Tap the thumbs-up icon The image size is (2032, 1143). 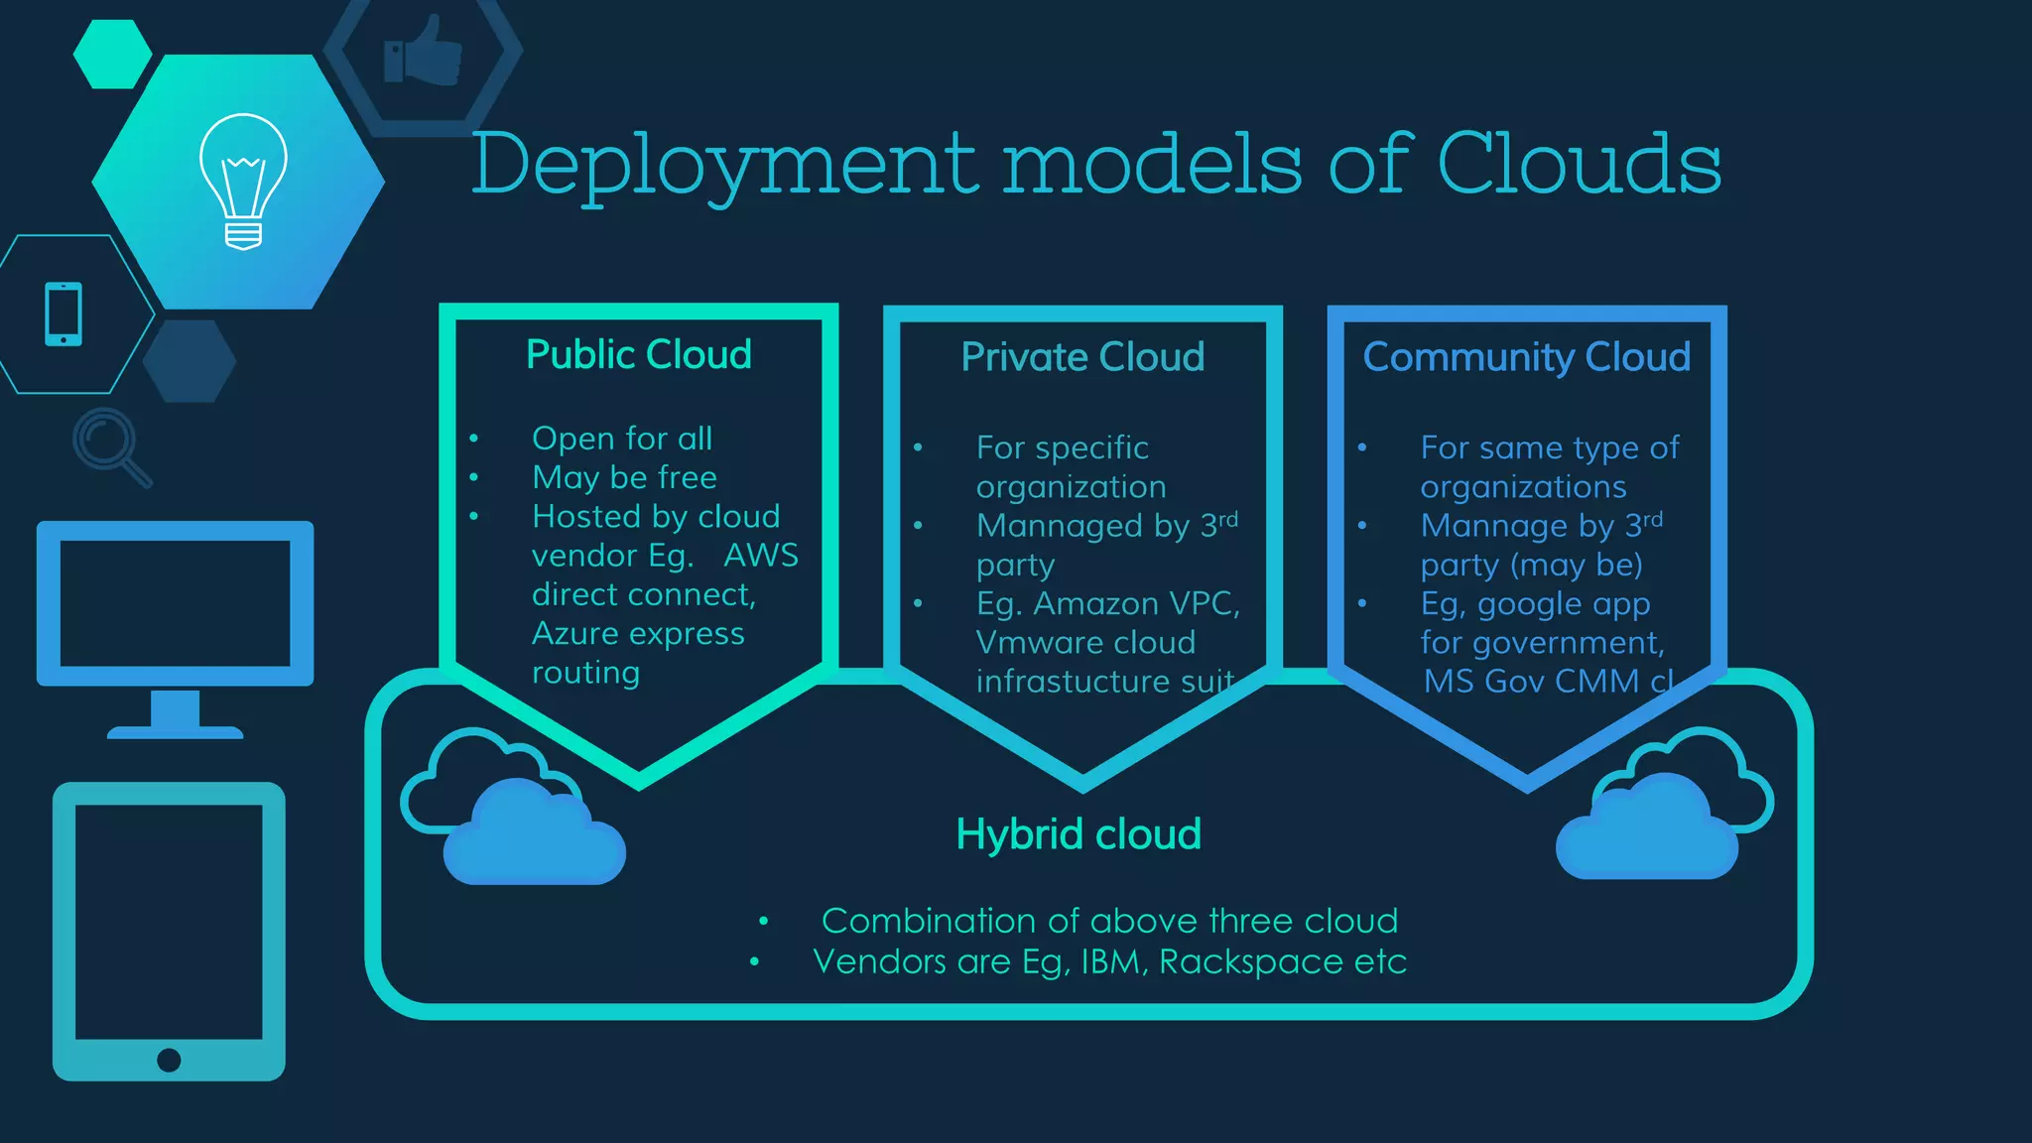click(424, 52)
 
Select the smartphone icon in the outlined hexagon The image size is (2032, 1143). click(63, 315)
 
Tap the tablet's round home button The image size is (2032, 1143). click(169, 1060)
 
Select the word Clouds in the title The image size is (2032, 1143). click(1578, 163)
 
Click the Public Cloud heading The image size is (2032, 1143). click(638, 354)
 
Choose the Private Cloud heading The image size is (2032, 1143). click(1082, 357)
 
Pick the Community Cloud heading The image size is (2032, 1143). click(1526, 357)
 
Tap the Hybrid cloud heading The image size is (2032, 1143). click(1079, 834)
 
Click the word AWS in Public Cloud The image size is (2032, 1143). click(760, 556)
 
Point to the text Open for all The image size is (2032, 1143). click(622, 439)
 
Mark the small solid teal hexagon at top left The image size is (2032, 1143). click(112, 55)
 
